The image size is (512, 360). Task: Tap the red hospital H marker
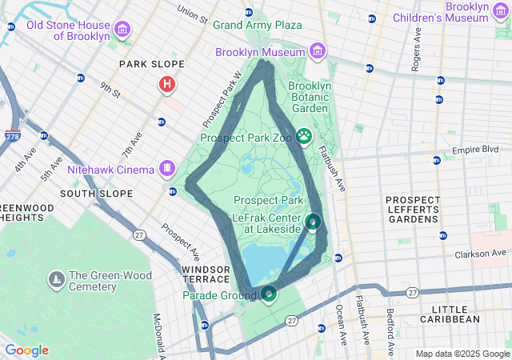pyautogui.click(x=166, y=83)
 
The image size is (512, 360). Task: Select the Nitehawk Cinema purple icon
pyautogui.click(x=166, y=168)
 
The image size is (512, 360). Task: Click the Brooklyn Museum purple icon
pyautogui.click(x=318, y=52)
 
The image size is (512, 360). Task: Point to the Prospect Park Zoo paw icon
pyautogui.click(x=303, y=137)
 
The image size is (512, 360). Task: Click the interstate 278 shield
pyautogui.click(x=13, y=137)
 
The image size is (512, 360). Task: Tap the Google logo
pyautogui.click(x=26, y=350)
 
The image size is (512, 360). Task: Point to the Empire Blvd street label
pyautogui.click(x=475, y=150)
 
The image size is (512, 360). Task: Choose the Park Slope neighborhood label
pyautogui.click(x=151, y=63)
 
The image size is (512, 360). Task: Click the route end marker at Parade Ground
pyautogui.click(x=269, y=294)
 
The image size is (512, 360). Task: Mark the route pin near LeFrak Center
pyautogui.click(x=314, y=222)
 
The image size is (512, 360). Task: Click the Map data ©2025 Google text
pyautogui.click(x=462, y=354)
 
